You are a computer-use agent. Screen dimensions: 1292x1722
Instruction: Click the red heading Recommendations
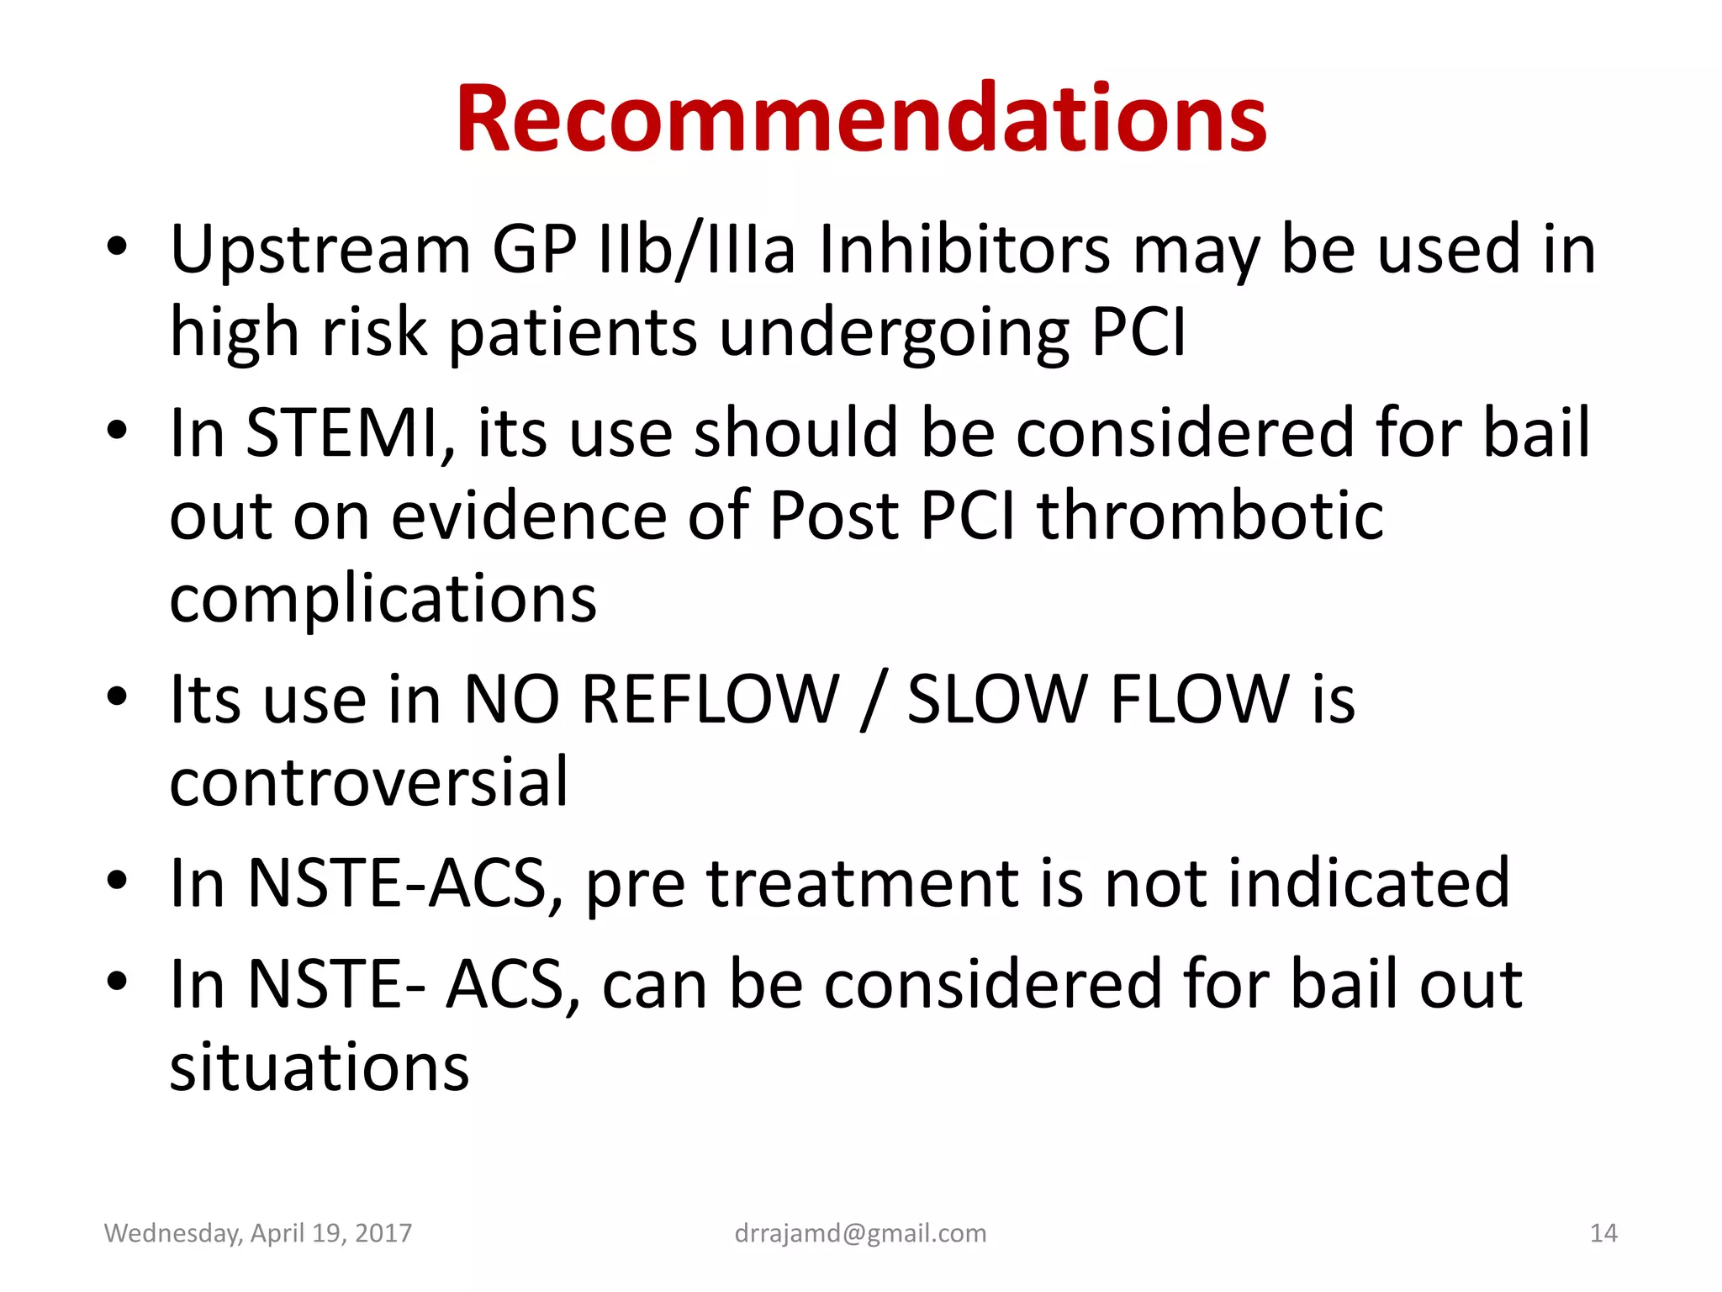[861, 119]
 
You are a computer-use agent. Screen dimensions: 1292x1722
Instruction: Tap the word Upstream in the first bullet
[320, 250]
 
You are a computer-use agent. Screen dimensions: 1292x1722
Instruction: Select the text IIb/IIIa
[695, 250]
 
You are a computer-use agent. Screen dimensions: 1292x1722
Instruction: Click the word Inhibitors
[964, 250]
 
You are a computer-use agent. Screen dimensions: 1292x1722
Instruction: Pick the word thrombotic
[1210, 516]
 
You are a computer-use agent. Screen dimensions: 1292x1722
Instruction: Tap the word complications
[383, 599]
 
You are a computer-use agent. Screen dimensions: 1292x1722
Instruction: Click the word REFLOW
[710, 700]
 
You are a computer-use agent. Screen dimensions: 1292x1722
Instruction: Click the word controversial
[369, 782]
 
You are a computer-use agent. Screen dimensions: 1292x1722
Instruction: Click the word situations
[320, 1067]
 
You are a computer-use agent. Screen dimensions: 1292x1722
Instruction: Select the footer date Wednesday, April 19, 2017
[258, 1233]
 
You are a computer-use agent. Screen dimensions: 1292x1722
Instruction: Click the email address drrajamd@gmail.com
[860, 1233]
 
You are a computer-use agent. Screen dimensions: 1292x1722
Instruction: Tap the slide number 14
[1603, 1233]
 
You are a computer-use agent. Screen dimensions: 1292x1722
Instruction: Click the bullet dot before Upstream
[117, 247]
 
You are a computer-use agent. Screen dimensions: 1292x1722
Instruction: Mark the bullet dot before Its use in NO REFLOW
[117, 697]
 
